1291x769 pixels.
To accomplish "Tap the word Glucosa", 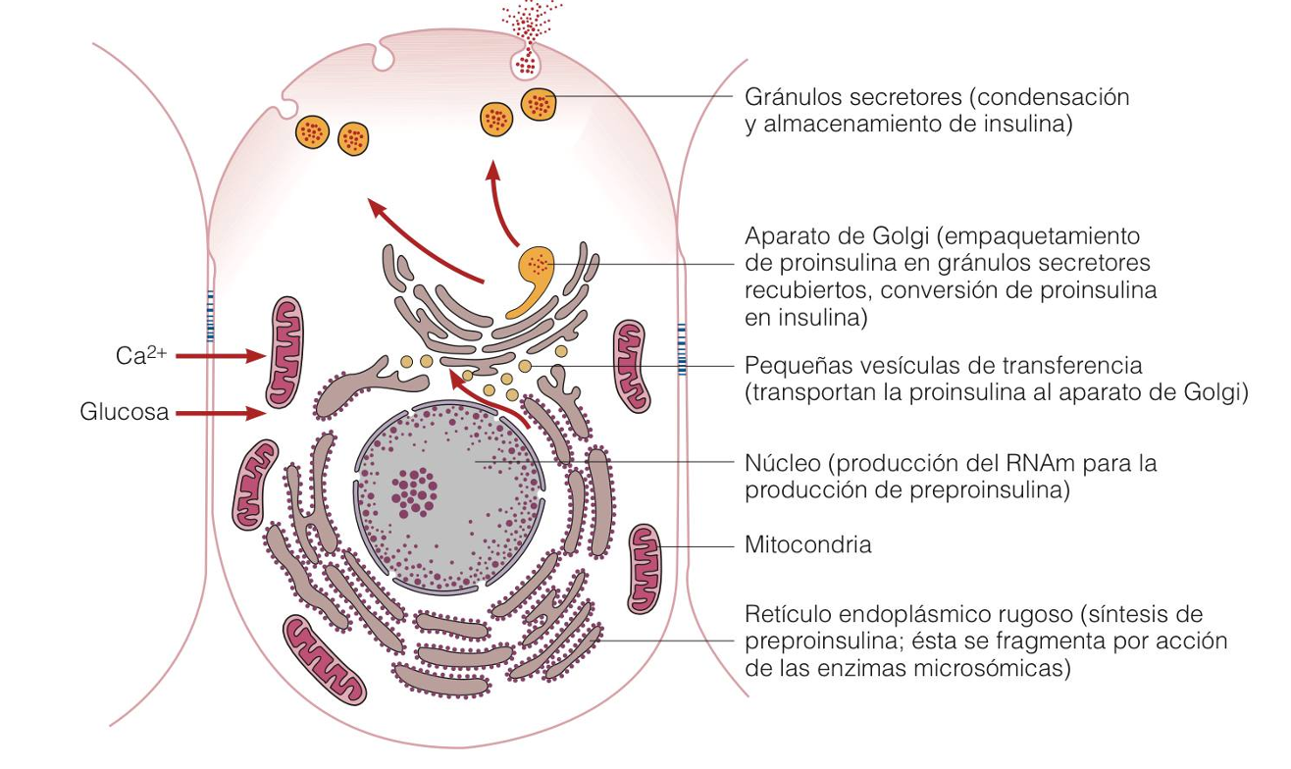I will (x=124, y=413).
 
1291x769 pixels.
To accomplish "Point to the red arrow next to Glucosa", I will (x=221, y=413).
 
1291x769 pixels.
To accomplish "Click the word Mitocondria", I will (x=807, y=544).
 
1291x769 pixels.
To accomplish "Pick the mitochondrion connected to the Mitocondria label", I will (x=645, y=569).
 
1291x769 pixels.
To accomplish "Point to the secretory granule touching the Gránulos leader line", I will (x=538, y=103).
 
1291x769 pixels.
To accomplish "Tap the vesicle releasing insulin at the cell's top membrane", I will (x=527, y=63).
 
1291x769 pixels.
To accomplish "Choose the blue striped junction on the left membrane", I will (x=209, y=314).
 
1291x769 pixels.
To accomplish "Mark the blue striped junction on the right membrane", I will (x=682, y=348).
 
